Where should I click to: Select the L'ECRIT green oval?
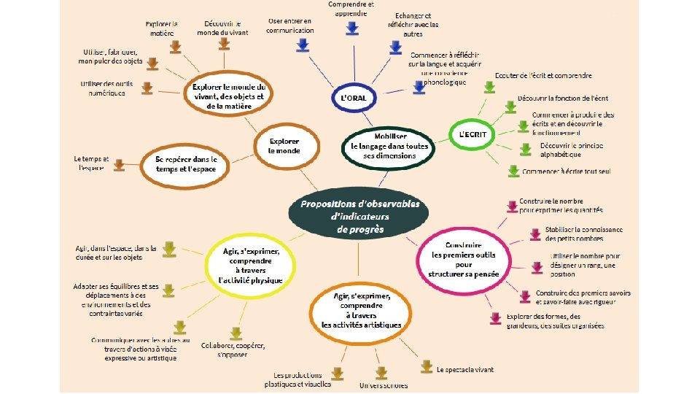click(x=472, y=134)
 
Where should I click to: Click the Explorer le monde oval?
click(x=284, y=145)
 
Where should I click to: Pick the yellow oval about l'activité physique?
click(x=249, y=265)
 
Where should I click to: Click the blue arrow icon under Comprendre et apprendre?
click(x=351, y=28)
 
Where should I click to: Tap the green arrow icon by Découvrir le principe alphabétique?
click(x=525, y=149)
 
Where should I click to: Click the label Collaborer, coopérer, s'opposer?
click(x=233, y=349)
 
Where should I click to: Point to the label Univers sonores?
click(x=383, y=385)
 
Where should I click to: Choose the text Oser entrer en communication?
click(x=290, y=26)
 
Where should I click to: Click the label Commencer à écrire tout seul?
click(x=566, y=171)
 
